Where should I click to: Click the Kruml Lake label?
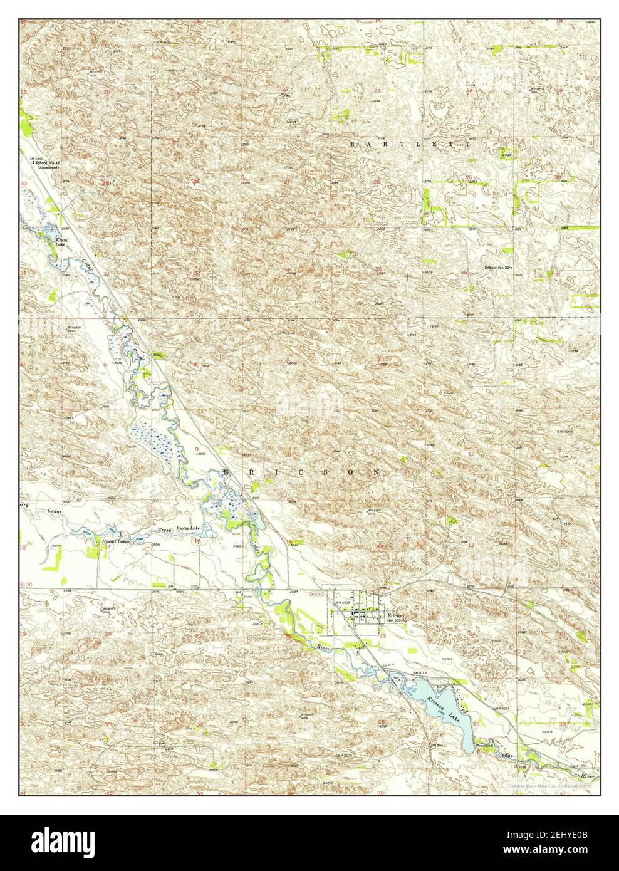(61, 242)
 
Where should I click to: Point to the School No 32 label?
(498, 268)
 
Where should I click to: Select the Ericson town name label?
(396, 615)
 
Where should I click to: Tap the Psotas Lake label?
(188, 528)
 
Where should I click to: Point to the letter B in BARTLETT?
(352, 144)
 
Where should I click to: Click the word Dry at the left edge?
(25, 503)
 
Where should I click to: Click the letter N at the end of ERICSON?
(377, 472)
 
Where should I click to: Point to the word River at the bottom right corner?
(586, 776)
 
